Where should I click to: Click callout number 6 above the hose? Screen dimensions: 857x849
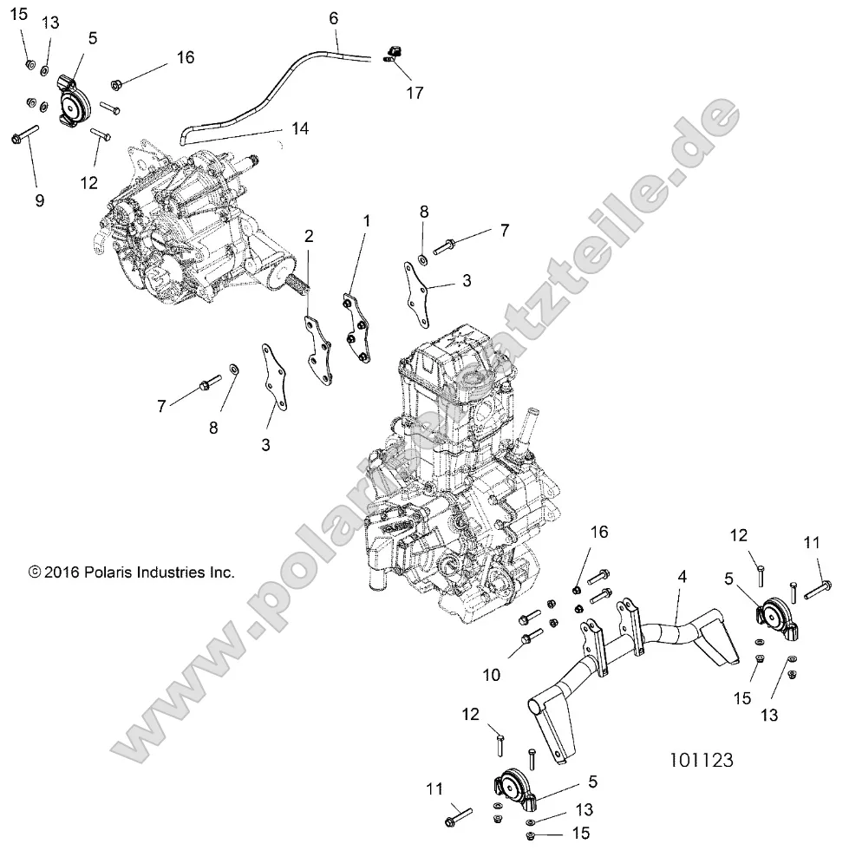tap(334, 16)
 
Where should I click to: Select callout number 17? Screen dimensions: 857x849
tap(415, 93)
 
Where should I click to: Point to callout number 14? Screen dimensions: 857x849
tap(299, 128)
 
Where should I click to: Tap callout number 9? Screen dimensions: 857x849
tap(39, 200)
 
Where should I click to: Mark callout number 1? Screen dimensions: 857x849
tap(365, 222)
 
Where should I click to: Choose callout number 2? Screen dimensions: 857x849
tap(309, 236)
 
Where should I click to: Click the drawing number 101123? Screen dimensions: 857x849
tap(702, 761)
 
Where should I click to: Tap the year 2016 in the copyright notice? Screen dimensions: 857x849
tap(59, 572)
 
